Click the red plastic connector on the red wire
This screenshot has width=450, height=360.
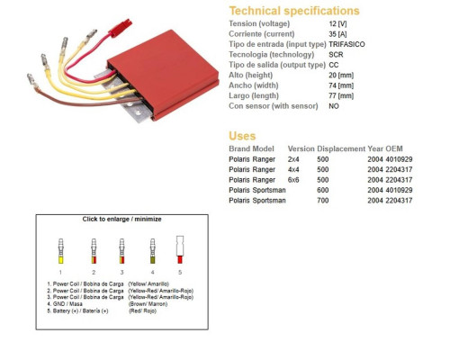[120, 28]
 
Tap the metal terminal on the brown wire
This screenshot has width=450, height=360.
[32, 81]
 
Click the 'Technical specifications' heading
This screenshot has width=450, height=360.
[294, 11]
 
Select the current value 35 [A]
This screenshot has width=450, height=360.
[337, 34]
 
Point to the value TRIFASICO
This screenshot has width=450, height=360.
[346, 44]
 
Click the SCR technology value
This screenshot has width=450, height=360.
[336, 55]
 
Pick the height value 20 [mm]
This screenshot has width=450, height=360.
[341, 75]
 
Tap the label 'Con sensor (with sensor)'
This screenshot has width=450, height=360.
[274, 106]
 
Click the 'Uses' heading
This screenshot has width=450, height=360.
[242, 136]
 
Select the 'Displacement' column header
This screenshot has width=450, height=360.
[341, 148]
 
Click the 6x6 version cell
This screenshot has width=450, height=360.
[293, 180]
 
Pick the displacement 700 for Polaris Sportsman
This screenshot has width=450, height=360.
[323, 201]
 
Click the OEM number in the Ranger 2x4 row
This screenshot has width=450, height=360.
[399, 159]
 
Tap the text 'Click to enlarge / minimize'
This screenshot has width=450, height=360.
[121, 219]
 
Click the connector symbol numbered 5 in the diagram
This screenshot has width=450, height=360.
[180, 249]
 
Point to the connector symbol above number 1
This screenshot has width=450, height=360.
[61, 251]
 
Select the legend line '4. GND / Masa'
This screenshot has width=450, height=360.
[65, 304]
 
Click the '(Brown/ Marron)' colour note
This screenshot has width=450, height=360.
[148, 304]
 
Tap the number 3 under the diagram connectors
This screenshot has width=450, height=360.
[121, 273]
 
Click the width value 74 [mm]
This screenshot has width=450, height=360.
[341, 85]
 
